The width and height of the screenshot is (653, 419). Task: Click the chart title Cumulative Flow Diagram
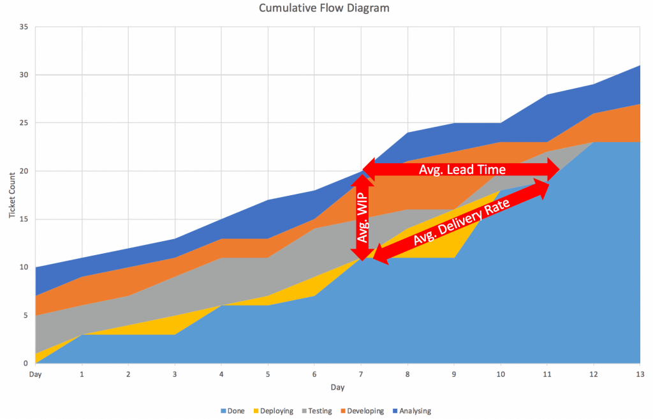coord(324,8)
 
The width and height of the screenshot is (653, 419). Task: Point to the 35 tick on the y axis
coord(24,27)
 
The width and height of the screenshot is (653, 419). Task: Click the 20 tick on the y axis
coord(24,171)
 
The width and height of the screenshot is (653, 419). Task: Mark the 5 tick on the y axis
coord(26,315)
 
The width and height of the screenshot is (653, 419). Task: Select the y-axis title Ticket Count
coord(12,195)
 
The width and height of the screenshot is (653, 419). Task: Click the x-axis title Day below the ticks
coord(338,387)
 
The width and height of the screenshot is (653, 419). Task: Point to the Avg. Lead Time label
coord(462,170)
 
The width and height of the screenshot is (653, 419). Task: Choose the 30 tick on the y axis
coord(24,75)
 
